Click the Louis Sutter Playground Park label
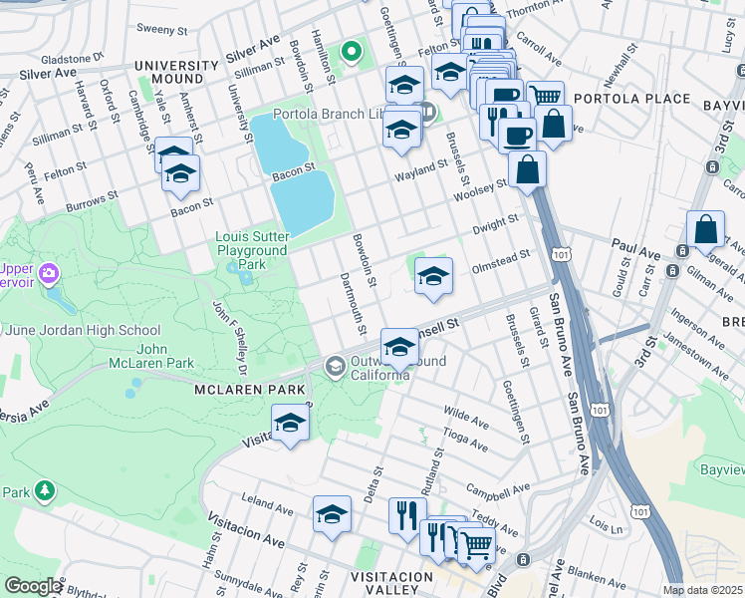(x=253, y=251)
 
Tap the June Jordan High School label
(x=80, y=331)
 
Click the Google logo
(x=32, y=586)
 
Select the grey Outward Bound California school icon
(x=336, y=368)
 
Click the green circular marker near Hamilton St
(x=350, y=50)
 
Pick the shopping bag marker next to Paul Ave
(x=705, y=229)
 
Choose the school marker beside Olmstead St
(x=433, y=276)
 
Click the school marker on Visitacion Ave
(x=290, y=423)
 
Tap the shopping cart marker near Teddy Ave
(x=476, y=545)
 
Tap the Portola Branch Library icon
(x=427, y=112)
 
